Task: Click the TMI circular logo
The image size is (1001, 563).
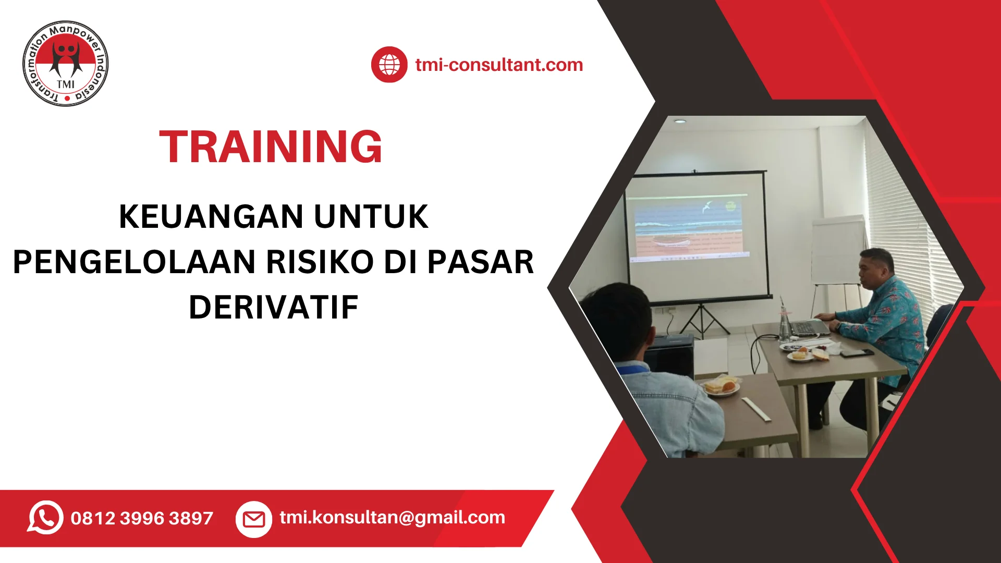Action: pos(66,64)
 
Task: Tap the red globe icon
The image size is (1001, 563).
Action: pos(389,65)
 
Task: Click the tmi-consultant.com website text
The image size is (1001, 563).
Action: pos(499,65)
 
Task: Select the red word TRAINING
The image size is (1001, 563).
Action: pos(271,147)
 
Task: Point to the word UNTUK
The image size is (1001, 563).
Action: pos(371,216)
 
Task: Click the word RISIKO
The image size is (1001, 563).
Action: pos(320,262)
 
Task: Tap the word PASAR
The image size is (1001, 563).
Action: pos(481,262)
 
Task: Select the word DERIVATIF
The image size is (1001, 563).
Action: pos(274,308)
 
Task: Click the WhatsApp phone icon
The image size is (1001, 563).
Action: pos(45,517)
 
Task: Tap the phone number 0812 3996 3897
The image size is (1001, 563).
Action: pos(142,518)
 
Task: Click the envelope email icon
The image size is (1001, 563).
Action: pos(254,519)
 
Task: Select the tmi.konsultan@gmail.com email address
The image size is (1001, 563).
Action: pos(392,517)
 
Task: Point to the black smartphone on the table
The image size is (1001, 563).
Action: pos(856,353)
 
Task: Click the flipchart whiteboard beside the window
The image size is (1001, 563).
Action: pos(838,250)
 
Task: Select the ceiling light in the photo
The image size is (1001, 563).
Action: pos(679,121)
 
